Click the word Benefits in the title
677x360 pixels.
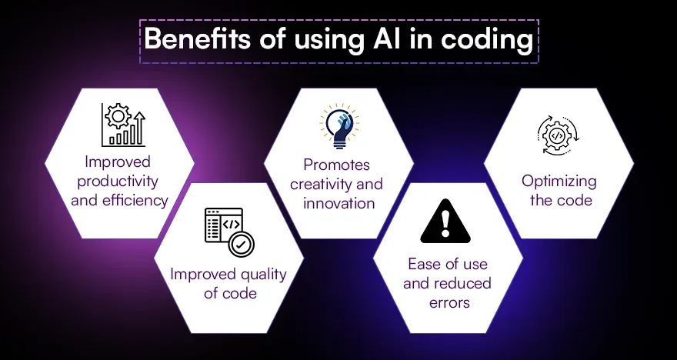[x=197, y=39]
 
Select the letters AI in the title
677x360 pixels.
[x=379, y=39]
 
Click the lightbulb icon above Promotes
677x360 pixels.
[x=339, y=126]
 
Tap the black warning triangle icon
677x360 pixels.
[x=445, y=221]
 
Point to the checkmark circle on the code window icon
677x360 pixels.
[x=242, y=244]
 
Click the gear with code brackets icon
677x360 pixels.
[x=558, y=135]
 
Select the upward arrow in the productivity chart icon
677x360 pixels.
[x=139, y=128]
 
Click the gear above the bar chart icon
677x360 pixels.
[x=118, y=115]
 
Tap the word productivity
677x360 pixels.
[x=118, y=182]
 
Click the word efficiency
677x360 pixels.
[x=138, y=200]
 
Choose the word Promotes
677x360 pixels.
[x=337, y=165]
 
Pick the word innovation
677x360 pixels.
[x=339, y=203]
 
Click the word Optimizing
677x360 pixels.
[x=559, y=182]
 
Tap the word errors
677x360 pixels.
[x=449, y=302]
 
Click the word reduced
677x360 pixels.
[x=462, y=283]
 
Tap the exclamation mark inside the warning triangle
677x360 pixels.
[x=445, y=223]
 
